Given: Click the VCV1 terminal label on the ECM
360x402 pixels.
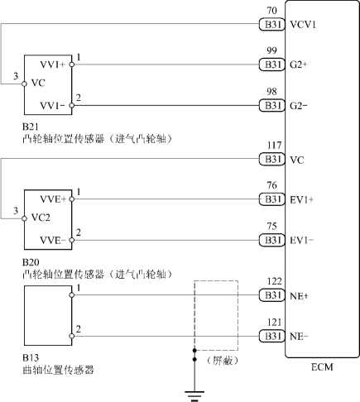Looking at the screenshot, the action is [303, 25].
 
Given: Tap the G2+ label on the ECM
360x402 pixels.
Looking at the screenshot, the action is [299, 65].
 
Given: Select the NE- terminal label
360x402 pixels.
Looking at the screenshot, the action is [299, 337].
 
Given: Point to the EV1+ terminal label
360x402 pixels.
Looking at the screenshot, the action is [301, 199].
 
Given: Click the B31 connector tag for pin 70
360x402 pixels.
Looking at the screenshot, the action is [271, 25].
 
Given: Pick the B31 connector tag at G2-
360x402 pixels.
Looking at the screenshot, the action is [271, 106].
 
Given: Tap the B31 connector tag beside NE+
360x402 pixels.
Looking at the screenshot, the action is [271, 295].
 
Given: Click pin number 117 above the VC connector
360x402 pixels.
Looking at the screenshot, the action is [274, 146].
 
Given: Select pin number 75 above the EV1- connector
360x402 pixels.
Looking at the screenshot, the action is [271, 227].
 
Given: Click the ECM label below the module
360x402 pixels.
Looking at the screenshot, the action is [322, 367].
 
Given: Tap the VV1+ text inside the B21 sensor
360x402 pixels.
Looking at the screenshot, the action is [53, 65].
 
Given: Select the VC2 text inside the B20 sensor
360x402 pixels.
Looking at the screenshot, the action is [41, 218].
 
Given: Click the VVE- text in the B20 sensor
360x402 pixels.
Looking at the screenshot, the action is [53, 240].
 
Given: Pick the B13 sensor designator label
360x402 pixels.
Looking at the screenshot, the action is [31, 358].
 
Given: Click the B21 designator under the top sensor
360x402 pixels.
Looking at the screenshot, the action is [31, 127].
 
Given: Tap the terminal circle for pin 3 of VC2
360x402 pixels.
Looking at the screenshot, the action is [25, 218].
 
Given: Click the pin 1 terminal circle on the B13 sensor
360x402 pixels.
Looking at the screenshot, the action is [72, 295].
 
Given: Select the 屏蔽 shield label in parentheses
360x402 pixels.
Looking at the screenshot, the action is [223, 361].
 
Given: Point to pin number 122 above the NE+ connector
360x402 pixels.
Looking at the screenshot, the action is [274, 281].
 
